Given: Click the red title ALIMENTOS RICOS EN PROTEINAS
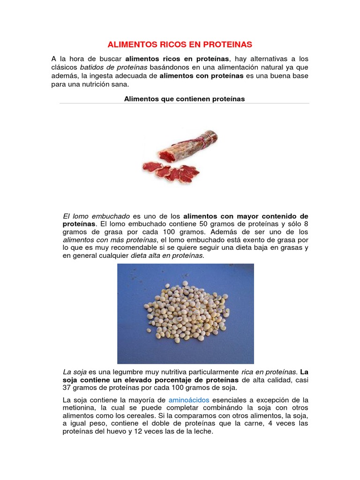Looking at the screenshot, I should (180, 45).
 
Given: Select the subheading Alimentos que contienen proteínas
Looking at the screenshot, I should (184, 99).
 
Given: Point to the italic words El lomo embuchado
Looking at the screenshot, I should (96, 216).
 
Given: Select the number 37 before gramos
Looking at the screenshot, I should (67, 388).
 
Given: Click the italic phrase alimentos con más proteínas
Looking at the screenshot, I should (110, 240).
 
